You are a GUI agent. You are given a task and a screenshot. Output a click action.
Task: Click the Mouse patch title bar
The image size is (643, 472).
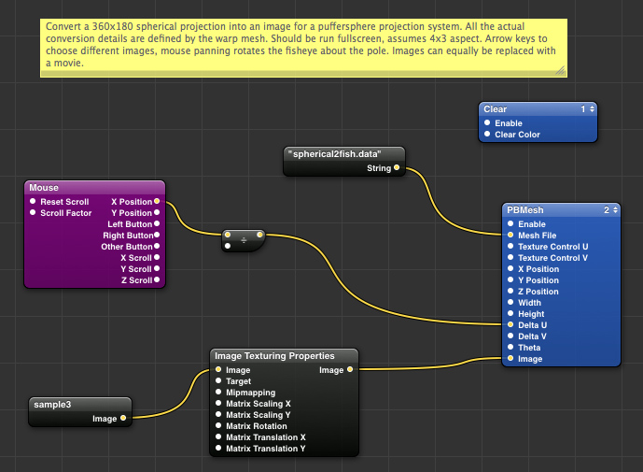point(93,188)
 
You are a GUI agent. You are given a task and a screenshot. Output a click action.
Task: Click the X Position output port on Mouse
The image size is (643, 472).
point(157,201)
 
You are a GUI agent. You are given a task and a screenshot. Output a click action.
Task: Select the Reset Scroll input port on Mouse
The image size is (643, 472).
point(33,201)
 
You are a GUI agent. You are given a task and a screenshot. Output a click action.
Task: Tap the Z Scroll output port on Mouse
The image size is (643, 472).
point(157,279)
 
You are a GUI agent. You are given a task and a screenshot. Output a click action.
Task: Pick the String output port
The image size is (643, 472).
point(397,168)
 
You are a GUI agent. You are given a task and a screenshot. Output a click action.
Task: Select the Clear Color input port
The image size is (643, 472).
point(486,135)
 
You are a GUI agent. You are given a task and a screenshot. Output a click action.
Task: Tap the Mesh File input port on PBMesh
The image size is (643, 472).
point(510,236)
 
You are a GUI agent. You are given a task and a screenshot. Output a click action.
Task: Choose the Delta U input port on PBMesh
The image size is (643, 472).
point(510,325)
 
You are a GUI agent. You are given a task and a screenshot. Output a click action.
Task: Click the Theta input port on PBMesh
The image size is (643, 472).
point(510,348)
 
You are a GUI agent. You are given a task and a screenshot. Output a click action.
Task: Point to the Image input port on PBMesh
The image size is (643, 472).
point(510,359)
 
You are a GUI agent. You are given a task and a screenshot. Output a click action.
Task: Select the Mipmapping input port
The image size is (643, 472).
point(218,393)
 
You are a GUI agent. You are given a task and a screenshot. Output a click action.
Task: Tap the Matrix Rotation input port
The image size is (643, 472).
point(218,426)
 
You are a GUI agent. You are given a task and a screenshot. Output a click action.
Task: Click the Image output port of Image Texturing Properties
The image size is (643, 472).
point(350,370)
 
